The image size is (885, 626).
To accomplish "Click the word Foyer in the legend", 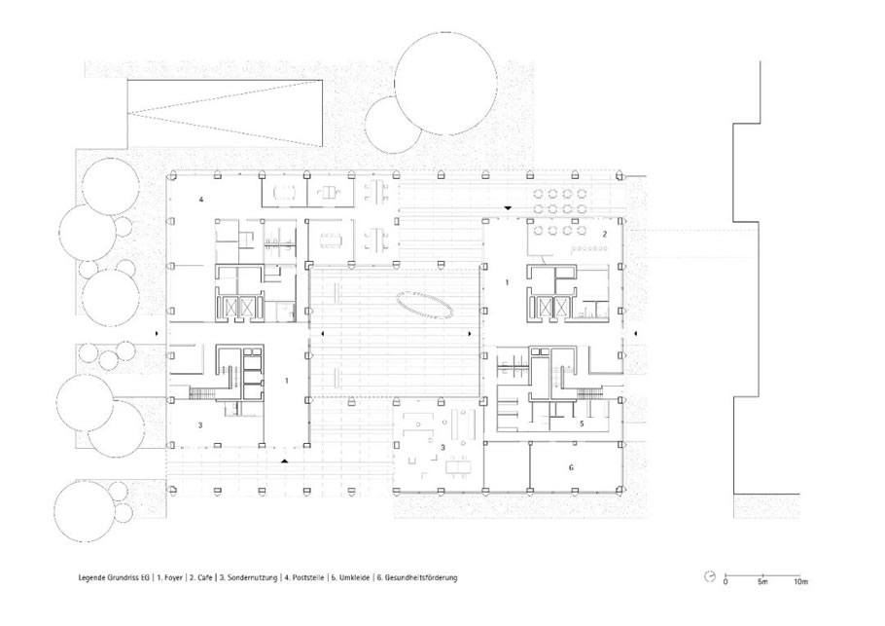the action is [174, 578].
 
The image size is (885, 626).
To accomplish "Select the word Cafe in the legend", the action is [205, 578].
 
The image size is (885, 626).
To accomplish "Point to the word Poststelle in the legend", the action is [307, 578].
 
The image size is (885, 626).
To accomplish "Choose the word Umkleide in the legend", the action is [354, 578].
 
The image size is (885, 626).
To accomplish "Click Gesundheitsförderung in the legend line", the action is [421, 578].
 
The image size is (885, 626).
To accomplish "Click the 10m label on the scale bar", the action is [800, 581].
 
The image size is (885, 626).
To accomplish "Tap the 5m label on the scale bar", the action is [762, 581].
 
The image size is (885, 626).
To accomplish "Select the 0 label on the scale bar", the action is [726, 581].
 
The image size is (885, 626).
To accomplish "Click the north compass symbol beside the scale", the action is [710, 576].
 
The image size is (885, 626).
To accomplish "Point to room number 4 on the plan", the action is [200, 199].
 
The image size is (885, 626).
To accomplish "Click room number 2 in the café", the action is [604, 234].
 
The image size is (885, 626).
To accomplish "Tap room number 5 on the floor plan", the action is [582, 423].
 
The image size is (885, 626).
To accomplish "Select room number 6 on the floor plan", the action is [571, 467].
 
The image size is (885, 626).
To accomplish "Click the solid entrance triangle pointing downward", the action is [508, 208].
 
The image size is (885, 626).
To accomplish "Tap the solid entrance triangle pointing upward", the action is [285, 461].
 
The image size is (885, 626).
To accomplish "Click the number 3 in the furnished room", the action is [443, 448].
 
